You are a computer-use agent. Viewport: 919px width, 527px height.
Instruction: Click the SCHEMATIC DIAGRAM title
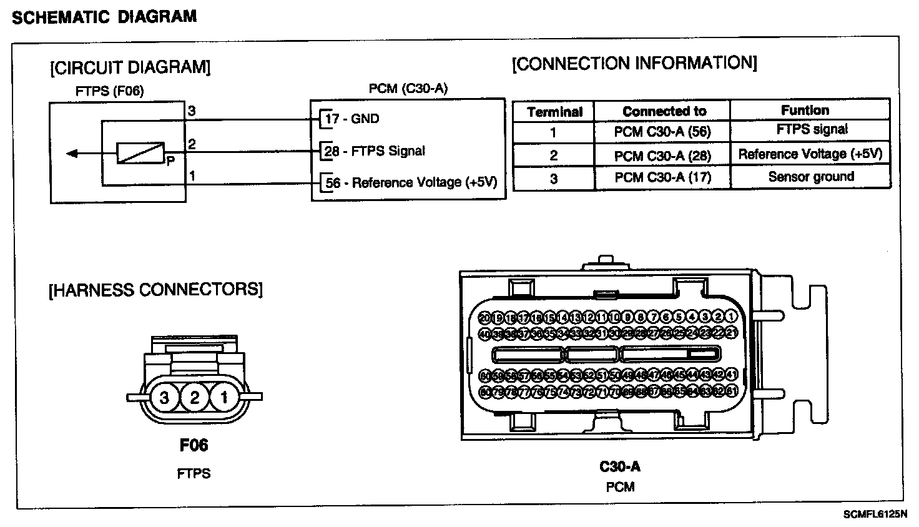pyautogui.click(x=104, y=16)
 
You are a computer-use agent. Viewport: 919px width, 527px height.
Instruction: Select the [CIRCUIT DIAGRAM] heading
pyautogui.click(x=130, y=67)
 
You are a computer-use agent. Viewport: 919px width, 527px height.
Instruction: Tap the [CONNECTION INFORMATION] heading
pyautogui.click(x=634, y=63)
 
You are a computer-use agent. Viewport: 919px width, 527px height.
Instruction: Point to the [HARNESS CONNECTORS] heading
pyautogui.click(x=155, y=290)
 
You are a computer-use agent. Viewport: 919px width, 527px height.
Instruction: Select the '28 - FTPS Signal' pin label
pyautogui.click(x=375, y=150)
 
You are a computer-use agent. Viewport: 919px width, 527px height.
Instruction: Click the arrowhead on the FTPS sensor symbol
pyautogui.click(x=72, y=153)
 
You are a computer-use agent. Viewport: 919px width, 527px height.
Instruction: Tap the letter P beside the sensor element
pyautogui.click(x=170, y=160)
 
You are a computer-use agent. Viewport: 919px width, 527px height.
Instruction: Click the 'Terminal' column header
pyautogui.click(x=554, y=112)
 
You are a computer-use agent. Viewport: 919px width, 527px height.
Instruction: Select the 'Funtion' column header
pyautogui.click(x=805, y=110)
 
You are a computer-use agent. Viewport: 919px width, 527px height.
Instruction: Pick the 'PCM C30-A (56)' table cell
pyautogui.click(x=662, y=132)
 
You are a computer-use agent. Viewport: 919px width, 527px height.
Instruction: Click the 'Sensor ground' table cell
pyautogui.click(x=811, y=177)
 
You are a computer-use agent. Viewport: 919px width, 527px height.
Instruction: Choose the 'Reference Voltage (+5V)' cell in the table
pyautogui.click(x=810, y=154)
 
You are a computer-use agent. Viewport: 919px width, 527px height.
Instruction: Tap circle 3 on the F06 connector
pyautogui.click(x=165, y=397)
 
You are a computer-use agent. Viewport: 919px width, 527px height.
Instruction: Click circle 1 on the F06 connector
pyautogui.click(x=224, y=397)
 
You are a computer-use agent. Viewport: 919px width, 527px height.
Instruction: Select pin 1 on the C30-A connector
pyautogui.click(x=732, y=317)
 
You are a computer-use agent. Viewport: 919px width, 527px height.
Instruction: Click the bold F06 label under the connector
pyautogui.click(x=194, y=445)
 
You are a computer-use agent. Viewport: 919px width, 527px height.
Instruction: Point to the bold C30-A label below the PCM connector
pyautogui.click(x=619, y=466)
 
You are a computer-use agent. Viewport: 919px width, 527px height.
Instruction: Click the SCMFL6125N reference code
pyautogui.click(x=874, y=515)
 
